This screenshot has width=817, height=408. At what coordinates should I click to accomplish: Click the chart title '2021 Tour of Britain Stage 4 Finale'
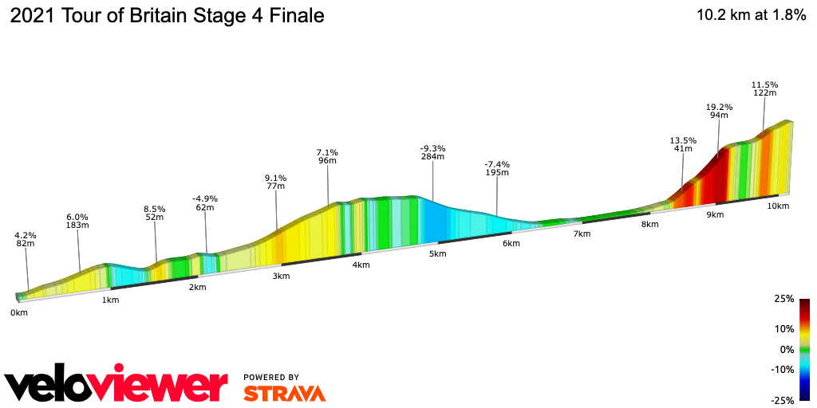click(167, 16)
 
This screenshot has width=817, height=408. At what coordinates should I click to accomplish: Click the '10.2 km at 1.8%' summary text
click(751, 16)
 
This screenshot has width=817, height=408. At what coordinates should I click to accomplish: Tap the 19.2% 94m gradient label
click(719, 111)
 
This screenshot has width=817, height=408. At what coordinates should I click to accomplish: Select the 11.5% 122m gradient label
click(764, 88)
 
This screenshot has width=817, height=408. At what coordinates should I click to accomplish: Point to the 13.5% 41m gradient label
click(683, 144)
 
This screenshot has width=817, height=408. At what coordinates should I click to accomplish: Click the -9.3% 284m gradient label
click(432, 152)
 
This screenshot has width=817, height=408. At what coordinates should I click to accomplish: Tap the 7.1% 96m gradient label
click(327, 156)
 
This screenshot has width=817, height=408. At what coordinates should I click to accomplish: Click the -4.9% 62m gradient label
click(205, 203)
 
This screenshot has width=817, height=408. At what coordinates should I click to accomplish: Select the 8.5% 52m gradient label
click(155, 213)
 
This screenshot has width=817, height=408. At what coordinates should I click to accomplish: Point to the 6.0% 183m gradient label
click(77, 222)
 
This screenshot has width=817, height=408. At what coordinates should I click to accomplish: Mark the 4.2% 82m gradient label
click(26, 239)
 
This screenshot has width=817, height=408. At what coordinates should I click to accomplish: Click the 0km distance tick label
click(19, 312)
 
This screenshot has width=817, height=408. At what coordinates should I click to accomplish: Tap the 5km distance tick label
click(437, 253)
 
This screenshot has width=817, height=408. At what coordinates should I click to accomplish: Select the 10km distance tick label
click(778, 206)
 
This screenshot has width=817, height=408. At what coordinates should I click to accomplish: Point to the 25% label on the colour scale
click(784, 299)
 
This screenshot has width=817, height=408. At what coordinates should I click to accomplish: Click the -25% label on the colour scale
click(783, 400)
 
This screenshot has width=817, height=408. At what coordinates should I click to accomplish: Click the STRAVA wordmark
click(284, 393)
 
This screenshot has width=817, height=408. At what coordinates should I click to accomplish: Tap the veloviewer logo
click(116, 385)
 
